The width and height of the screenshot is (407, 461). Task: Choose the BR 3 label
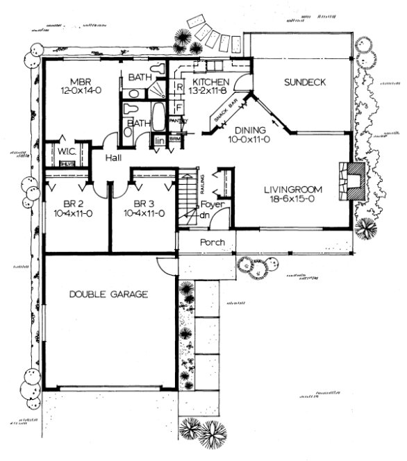(x=144, y=203)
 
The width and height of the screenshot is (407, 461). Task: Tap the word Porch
(x=211, y=243)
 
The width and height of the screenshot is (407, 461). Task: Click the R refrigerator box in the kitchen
(x=178, y=88)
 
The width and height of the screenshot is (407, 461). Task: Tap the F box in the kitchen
(x=178, y=108)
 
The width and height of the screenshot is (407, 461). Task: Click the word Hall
(x=114, y=158)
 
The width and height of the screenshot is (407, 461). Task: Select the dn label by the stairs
(x=206, y=215)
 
